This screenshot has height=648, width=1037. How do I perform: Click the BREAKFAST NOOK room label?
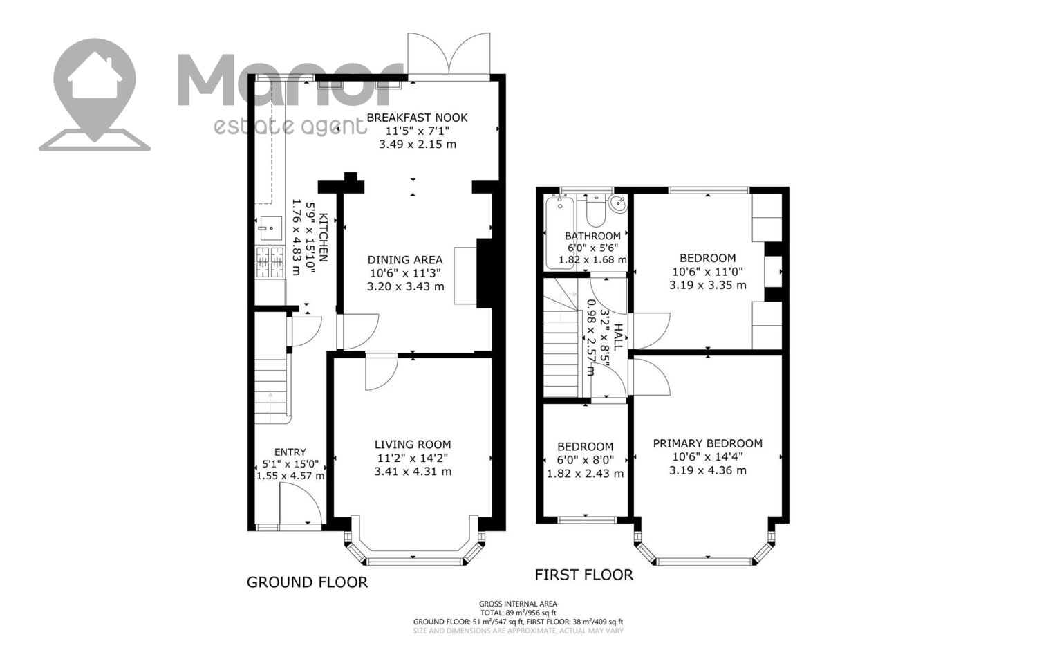click(x=417, y=118)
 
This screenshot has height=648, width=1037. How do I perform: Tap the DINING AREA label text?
click(x=405, y=260)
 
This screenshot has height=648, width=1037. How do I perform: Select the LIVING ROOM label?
click(x=413, y=445)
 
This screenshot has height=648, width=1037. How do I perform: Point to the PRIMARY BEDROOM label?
click(x=707, y=444)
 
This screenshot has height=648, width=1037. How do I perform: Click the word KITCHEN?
click(x=324, y=237)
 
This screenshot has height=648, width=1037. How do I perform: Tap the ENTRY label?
click(x=290, y=452)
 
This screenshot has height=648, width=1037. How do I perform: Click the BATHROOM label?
click(x=592, y=236)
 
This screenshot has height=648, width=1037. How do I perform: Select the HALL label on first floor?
click(x=618, y=337)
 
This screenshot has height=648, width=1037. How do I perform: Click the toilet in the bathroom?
click(x=595, y=211)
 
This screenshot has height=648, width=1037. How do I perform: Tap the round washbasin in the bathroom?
click(x=618, y=203)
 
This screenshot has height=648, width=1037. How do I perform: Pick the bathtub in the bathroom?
click(x=560, y=232)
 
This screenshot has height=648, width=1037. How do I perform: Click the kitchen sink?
click(x=271, y=228)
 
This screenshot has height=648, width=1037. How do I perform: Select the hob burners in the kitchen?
click(x=270, y=262)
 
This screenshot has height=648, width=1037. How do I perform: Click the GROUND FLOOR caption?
click(x=307, y=582)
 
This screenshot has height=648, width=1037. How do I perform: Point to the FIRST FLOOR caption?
click(x=583, y=575)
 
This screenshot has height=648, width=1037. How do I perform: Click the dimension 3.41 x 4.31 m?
click(x=413, y=472)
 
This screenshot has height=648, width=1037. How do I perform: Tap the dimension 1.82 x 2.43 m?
click(x=585, y=474)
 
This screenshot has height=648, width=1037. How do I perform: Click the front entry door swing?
click(x=301, y=503)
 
